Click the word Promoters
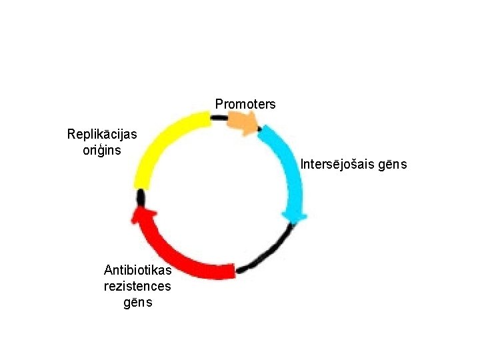(x=245, y=105)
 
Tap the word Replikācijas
(x=102, y=134)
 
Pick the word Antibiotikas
(x=137, y=270)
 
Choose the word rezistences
(x=137, y=286)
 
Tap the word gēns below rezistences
(x=137, y=302)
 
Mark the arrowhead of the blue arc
(x=293, y=217)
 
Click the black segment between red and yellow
(x=140, y=197)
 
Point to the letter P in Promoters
(x=219, y=105)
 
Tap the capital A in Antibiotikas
(x=108, y=270)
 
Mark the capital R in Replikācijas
(x=71, y=134)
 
